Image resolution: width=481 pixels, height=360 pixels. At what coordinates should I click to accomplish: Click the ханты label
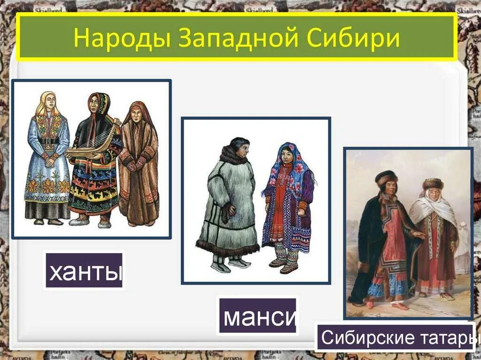[x=84, y=270]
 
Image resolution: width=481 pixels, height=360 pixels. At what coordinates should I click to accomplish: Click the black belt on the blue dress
[x=48, y=141]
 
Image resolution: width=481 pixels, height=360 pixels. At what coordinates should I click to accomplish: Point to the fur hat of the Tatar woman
[x=432, y=184]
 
